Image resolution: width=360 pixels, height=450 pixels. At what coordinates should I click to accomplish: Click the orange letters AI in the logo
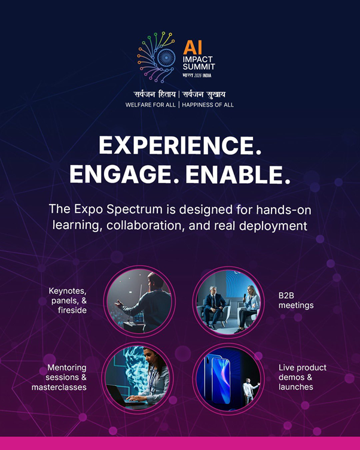[x=193, y=47]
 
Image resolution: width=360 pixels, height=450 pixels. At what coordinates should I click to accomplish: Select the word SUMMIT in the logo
[x=199, y=67]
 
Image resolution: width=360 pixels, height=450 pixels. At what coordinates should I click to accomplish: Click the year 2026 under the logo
[x=198, y=75]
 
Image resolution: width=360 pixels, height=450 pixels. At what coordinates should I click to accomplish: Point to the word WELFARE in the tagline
[x=138, y=105]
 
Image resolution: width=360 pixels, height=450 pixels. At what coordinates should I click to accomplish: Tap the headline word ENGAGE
[x=120, y=175]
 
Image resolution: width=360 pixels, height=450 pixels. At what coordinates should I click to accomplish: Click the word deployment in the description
[x=273, y=226]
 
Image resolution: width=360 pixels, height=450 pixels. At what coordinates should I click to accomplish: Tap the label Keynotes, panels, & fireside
[x=68, y=300]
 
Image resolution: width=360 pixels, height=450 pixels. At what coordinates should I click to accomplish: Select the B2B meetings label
[x=296, y=300]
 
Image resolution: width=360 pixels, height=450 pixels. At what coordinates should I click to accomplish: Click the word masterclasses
[x=59, y=387]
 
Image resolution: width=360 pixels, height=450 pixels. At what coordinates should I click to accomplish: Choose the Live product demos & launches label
[x=303, y=377]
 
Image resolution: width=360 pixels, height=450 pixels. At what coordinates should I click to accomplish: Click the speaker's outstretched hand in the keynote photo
[x=119, y=304]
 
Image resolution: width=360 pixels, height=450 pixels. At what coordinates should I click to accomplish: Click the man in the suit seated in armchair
[x=213, y=307]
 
